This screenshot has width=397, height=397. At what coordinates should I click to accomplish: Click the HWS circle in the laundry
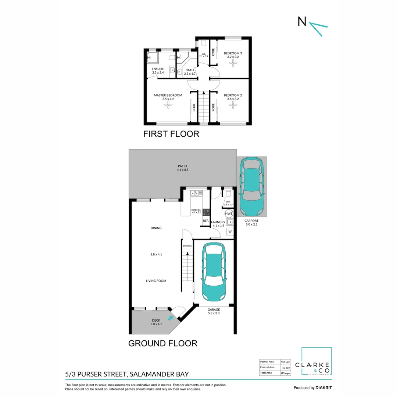229,213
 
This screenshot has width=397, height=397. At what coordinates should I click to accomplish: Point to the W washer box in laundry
230,232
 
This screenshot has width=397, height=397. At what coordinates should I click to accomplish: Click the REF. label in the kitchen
206,221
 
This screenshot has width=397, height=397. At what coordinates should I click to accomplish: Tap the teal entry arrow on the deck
170,318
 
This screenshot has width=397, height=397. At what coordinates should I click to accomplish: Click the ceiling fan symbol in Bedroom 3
232,63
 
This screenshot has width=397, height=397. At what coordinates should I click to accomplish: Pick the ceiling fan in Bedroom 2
232,105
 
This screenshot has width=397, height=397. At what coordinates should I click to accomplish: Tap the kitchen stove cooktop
207,212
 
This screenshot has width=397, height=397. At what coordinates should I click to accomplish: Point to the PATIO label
182,165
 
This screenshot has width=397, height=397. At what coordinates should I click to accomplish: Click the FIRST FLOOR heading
171,134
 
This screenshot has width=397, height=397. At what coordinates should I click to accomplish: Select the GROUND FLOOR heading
162,343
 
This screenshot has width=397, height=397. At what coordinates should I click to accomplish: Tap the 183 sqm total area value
285,373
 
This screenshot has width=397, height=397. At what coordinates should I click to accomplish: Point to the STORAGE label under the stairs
187,246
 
